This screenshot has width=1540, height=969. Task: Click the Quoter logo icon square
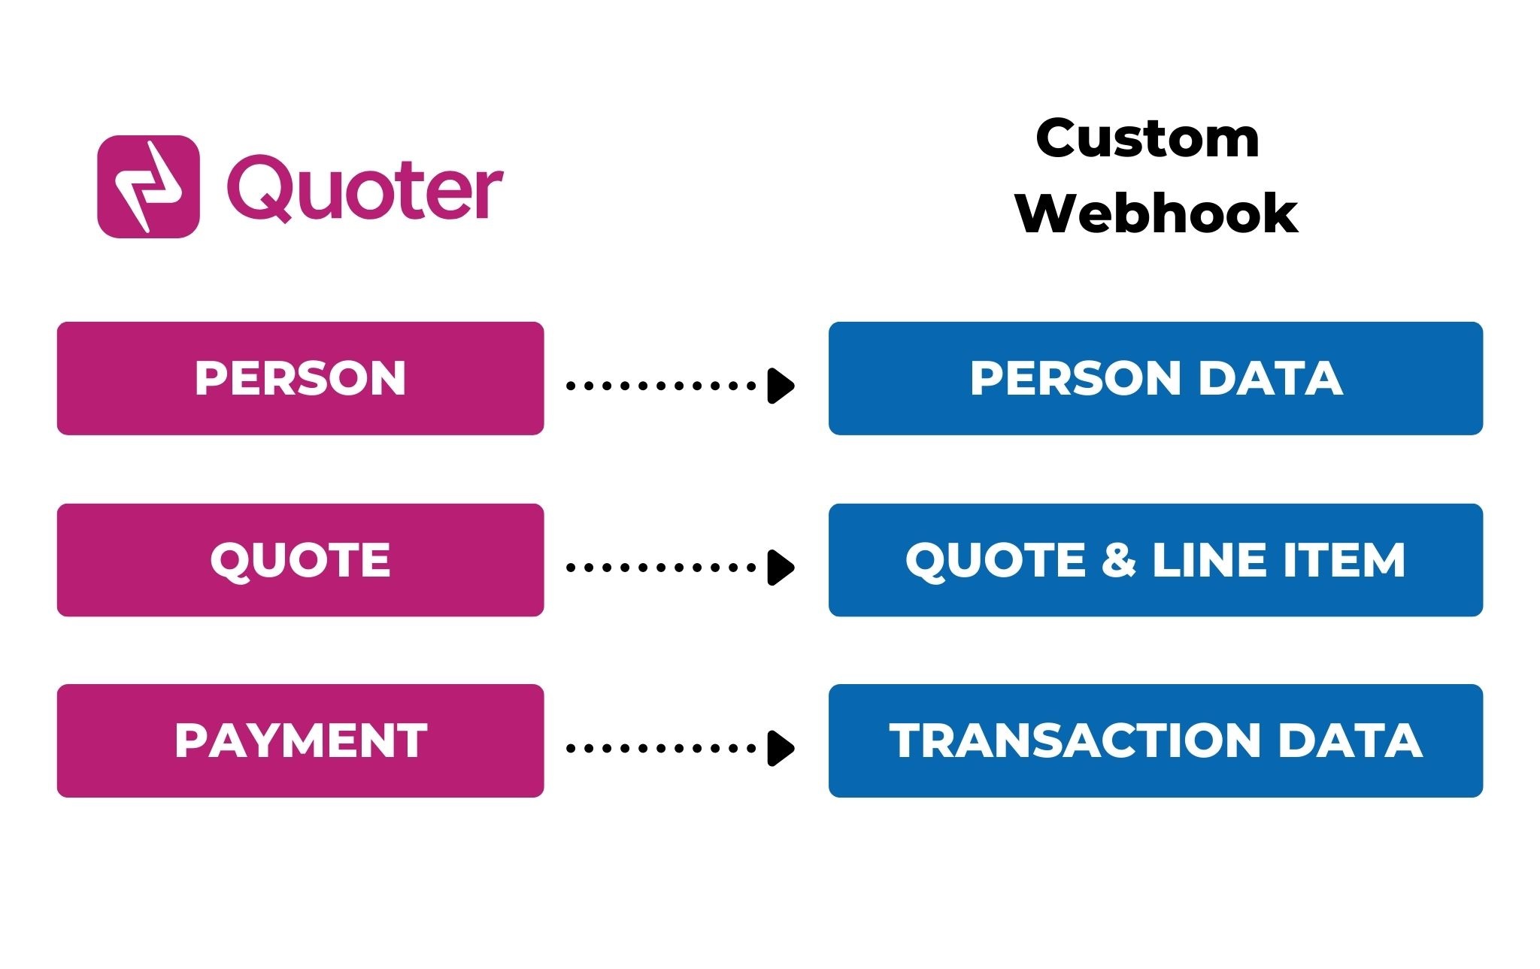(148, 186)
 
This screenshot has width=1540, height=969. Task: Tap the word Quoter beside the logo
(365, 188)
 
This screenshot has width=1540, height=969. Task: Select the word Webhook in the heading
(1157, 213)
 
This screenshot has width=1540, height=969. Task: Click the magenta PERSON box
(300, 378)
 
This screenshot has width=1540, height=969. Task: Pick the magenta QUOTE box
(300, 560)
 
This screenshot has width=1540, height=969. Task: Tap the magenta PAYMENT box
(300, 740)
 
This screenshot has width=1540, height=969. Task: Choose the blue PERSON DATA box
(1156, 378)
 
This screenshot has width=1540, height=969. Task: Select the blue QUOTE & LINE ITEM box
(1156, 560)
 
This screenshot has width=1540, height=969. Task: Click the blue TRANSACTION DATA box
(1156, 740)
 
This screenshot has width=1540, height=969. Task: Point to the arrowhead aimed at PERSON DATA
(781, 386)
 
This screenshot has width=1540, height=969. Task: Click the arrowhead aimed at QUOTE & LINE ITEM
(781, 568)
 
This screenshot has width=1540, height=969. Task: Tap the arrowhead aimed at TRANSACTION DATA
(781, 748)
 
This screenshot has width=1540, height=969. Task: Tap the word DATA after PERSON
(1271, 378)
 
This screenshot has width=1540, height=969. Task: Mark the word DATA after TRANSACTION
(1351, 740)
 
